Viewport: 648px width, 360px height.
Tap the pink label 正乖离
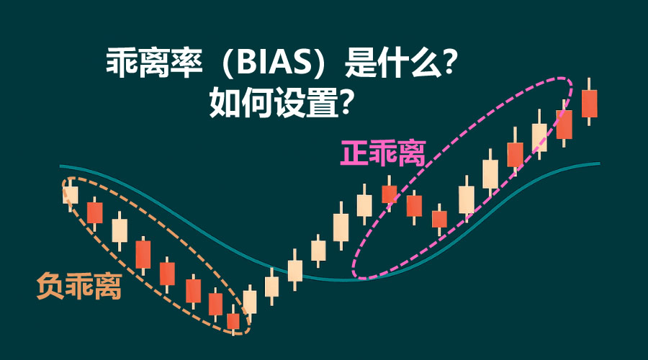pyautogui.click(x=383, y=153)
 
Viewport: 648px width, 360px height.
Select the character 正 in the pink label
pyautogui.click(x=355, y=153)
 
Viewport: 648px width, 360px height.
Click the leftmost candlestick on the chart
pyautogui.click(x=70, y=194)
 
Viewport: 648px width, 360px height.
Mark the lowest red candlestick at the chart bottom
pyautogui.click(x=233, y=321)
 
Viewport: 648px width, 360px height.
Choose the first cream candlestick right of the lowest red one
pyautogui.click(x=250, y=302)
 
